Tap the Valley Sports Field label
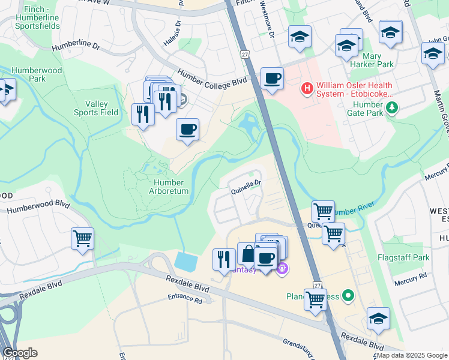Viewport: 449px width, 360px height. (x=96, y=108)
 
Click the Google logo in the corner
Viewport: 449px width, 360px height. (x=20, y=353)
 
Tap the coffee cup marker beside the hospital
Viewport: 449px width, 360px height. (x=272, y=79)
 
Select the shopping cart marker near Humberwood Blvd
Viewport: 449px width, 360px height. (x=82, y=238)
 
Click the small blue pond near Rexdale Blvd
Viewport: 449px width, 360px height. (x=186, y=262)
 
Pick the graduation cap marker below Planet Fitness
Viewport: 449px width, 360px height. (x=378, y=319)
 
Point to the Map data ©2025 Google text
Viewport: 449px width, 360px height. (x=411, y=355)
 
